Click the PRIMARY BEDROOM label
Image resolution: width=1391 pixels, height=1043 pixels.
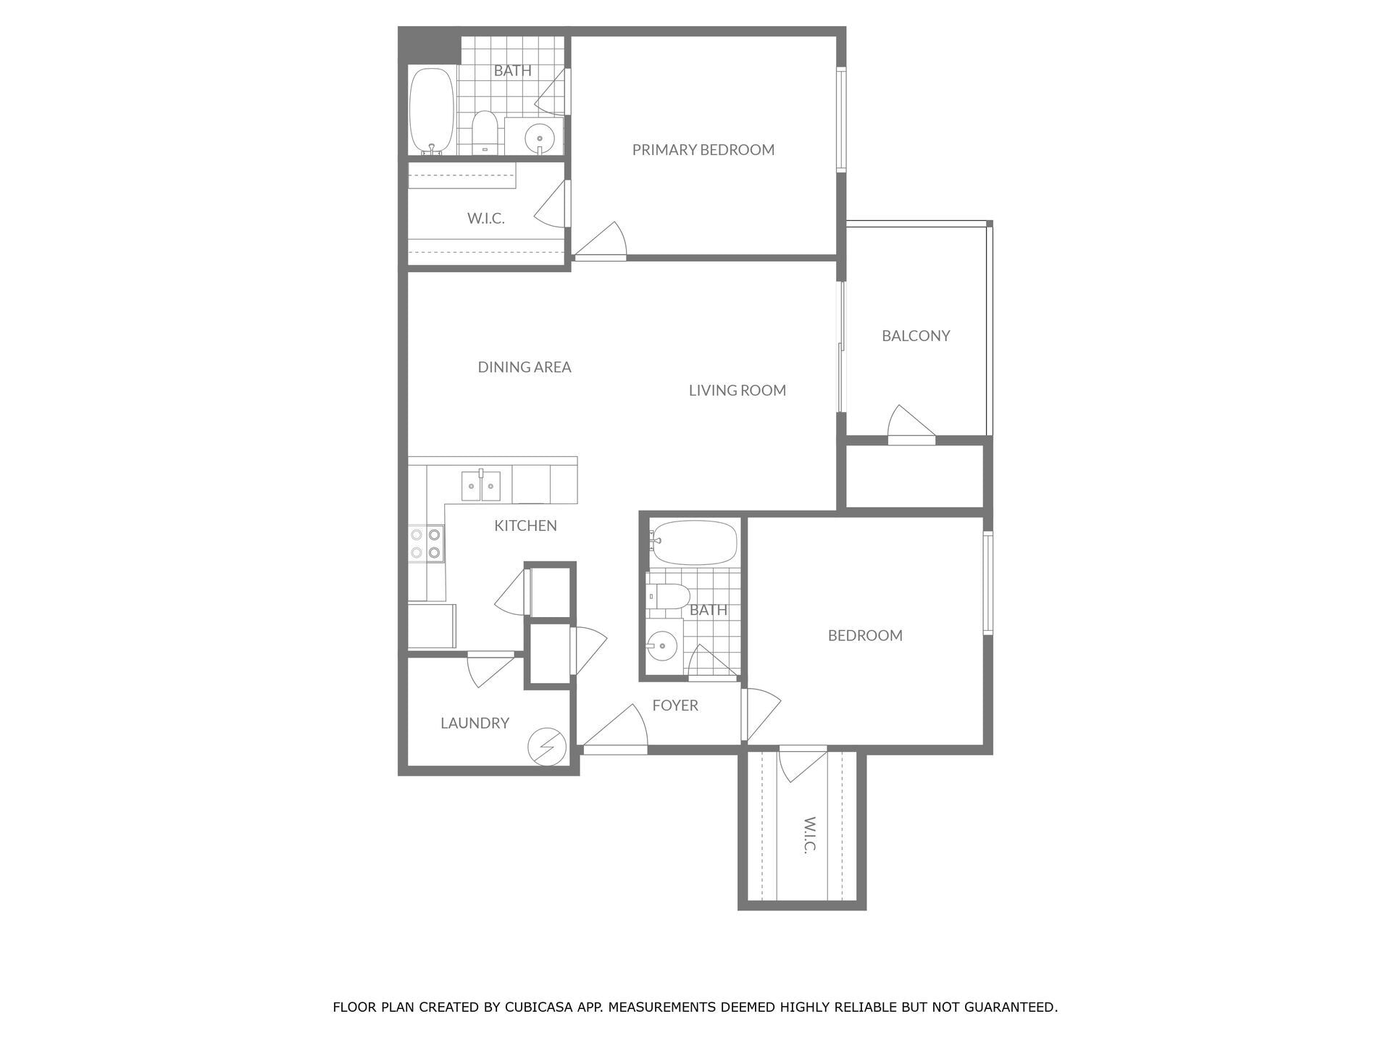(x=703, y=150)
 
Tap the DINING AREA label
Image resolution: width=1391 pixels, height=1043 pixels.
(x=524, y=367)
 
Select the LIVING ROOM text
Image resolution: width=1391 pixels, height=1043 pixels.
(x=737, y=390)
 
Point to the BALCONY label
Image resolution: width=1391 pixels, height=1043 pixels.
(x=915, y=336)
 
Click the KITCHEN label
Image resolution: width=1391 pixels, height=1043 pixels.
(x=525, y=526)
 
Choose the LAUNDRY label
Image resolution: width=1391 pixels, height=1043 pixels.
(x=475, y=723)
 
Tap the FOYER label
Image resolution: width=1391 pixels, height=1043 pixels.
(x=674, y=705)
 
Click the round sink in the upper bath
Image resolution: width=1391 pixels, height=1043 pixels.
(x=539, y=137)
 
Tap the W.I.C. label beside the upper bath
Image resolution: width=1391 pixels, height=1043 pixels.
(x=485, y=219)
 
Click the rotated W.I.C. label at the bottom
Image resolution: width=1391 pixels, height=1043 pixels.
(x=809, y=835)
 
